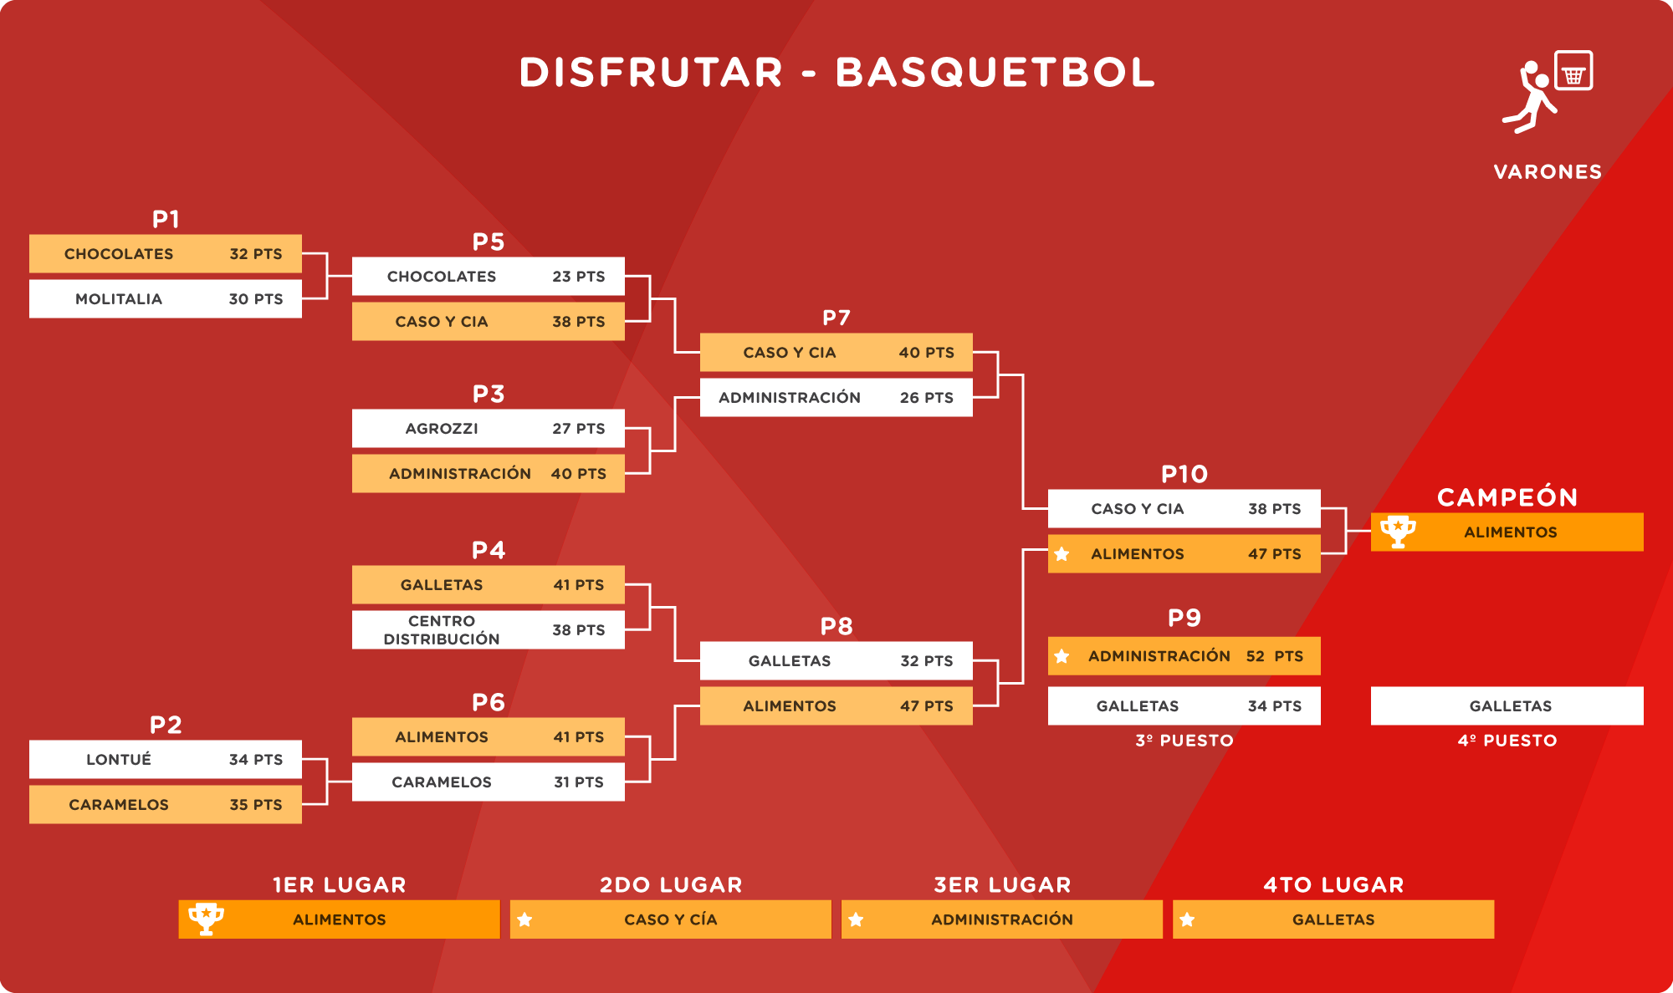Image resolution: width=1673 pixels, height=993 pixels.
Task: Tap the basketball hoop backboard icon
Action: (1573, 70)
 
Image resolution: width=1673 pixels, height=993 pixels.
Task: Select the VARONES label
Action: (1548, 172)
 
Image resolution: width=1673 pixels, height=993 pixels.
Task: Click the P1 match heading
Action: (166, 219)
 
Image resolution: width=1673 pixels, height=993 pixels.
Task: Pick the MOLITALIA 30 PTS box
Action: (166, 298)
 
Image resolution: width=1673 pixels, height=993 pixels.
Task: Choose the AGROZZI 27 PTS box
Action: (489, 428)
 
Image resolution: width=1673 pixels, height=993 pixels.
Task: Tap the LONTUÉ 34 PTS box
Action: (166, 759)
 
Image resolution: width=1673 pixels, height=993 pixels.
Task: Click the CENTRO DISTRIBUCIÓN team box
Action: (489, 629)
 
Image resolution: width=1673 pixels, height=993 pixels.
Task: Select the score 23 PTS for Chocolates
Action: (579, 277)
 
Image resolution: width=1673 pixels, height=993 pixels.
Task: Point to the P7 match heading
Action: (836, 318)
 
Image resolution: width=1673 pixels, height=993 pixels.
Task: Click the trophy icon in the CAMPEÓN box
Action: (1398, 532)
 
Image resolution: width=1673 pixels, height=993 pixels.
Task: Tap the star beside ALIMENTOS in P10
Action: (1062, 553)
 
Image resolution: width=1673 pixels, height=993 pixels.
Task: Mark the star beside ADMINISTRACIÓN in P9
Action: (1062, 656)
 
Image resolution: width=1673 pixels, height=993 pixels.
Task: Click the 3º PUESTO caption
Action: (1184, 741)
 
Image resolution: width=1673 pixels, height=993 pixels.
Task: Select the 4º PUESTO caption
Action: (1507, 741)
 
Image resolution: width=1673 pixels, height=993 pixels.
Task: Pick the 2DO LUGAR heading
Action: (671, 885)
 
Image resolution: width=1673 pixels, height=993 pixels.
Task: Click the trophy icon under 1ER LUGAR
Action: (206, 919)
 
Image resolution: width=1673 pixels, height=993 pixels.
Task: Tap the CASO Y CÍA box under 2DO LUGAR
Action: (671, 919)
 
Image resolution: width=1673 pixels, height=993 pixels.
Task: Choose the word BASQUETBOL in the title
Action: (995, 72)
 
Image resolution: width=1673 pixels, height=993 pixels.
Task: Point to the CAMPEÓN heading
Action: (1507, 496)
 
